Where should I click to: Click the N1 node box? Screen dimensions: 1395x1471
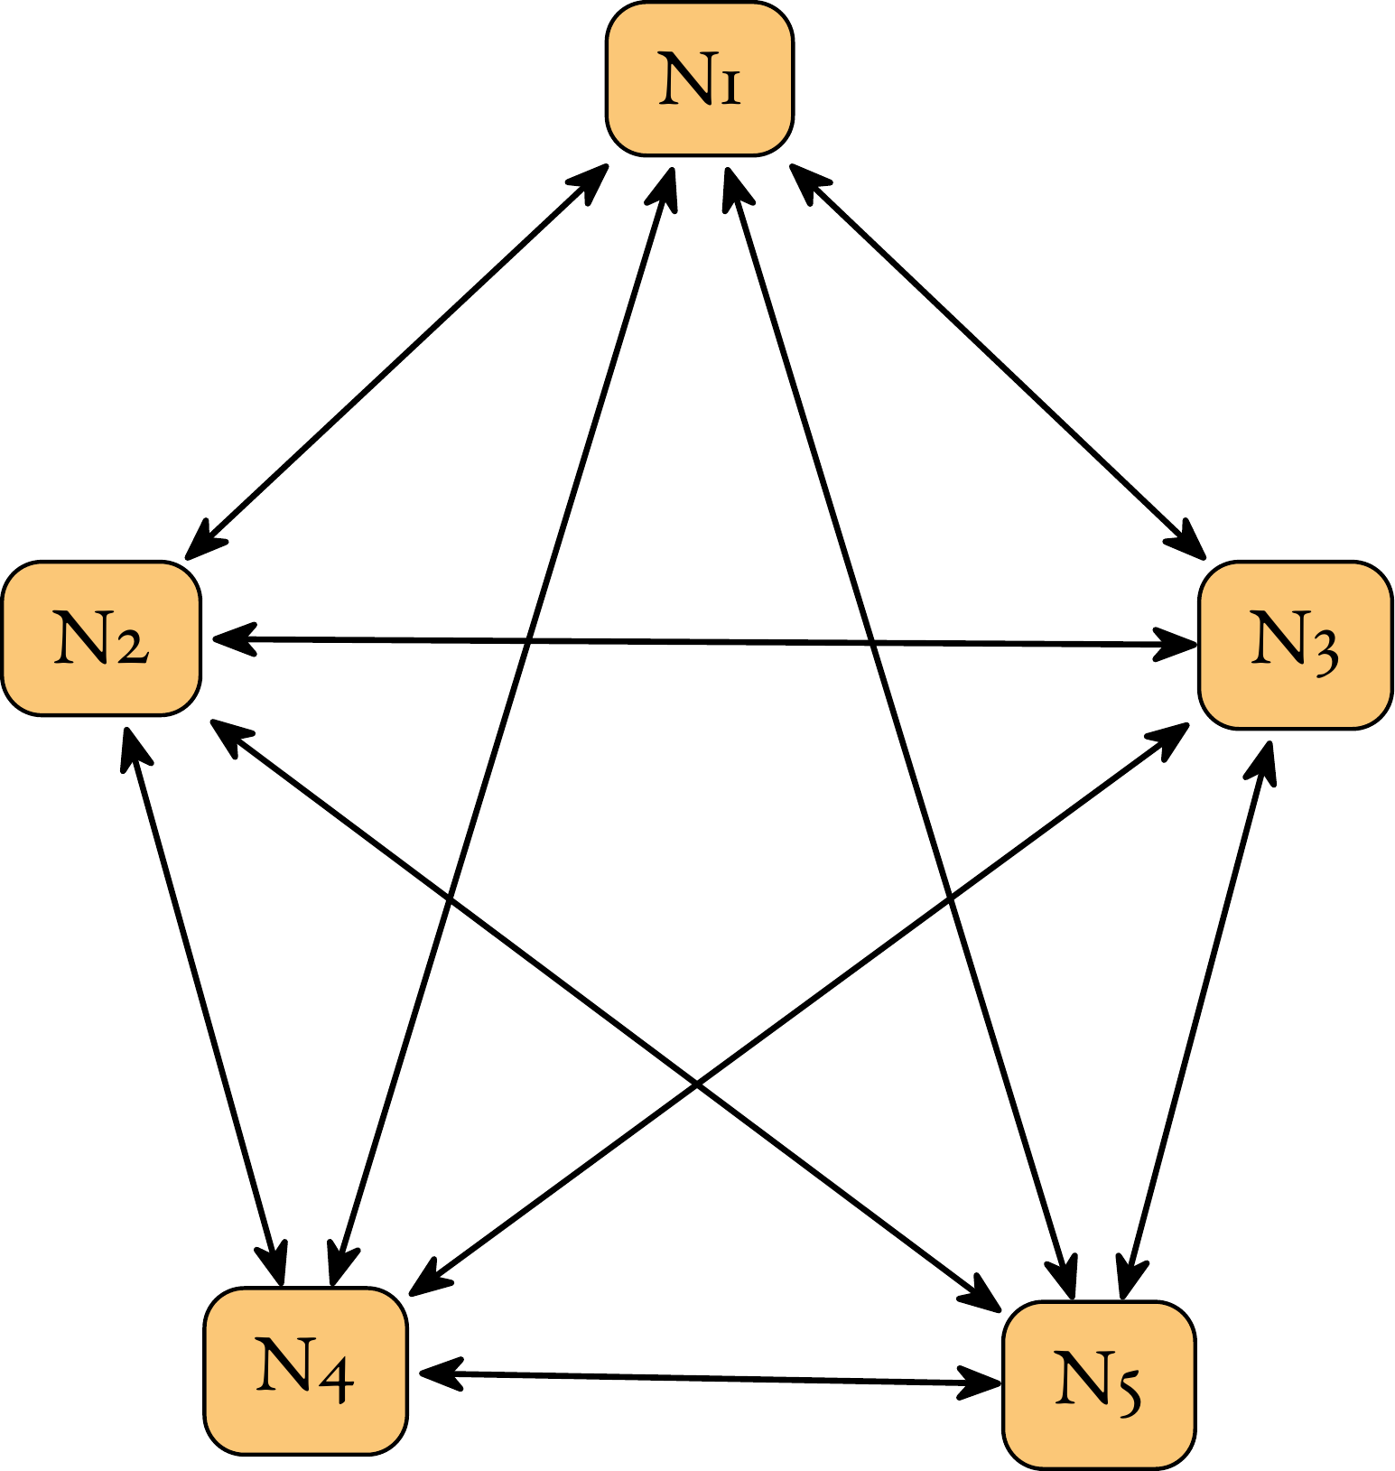pyautogui.click(x=700, y=79)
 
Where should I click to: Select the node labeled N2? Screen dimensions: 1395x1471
pyautogui.click(x=101, y=638)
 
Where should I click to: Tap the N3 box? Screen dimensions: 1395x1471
pyautogui.click(x=1296, y=645)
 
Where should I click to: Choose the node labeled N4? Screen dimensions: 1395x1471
pyautogui.click(x=306, y=1371)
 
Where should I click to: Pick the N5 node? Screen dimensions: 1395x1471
pyautogui.click(x=1100, y=1385)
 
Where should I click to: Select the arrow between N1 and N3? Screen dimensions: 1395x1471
pyautogui.click(x=999, y=361)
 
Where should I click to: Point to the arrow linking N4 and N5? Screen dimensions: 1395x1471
pyautogui.click(x=710, y=1378)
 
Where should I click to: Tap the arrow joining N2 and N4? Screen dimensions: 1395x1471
pyautogui.click(x=204, y=1006)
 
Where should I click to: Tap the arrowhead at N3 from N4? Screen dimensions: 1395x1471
pyautogui.click(x=1167, y=740)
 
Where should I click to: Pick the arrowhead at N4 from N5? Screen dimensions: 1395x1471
pyautogui.click(x=440, y=1373)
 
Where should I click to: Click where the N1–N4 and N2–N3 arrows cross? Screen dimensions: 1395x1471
pyautogui.click(x=528, y=641)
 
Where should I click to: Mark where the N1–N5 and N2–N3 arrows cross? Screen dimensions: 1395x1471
pyautogui.click(x=872, y=643)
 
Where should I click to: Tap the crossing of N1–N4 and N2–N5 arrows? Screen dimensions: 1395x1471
pyautogui.click(x=450, y=900)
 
